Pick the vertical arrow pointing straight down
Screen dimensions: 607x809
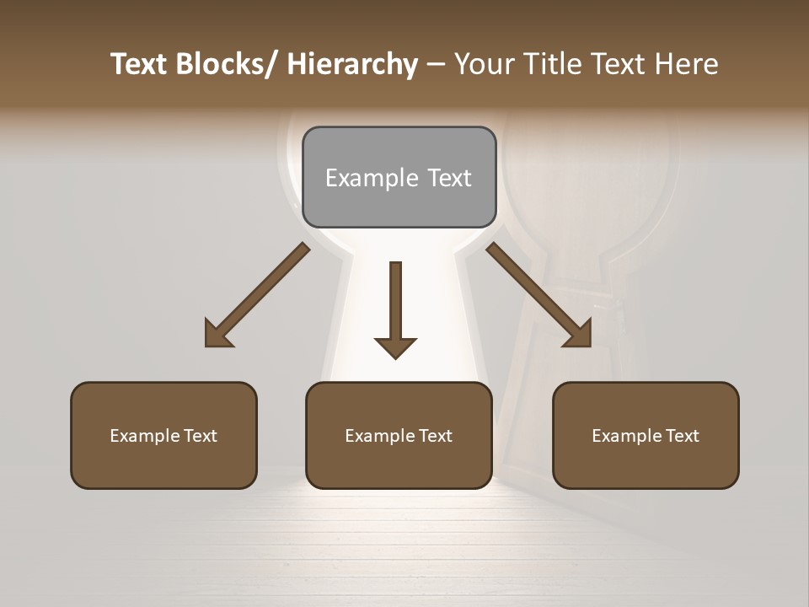tap(395, 308)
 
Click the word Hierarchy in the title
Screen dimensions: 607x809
tap(352, 64)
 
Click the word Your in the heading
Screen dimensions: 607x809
tap(484, 64)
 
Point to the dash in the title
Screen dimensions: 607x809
tap(436, 64)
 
